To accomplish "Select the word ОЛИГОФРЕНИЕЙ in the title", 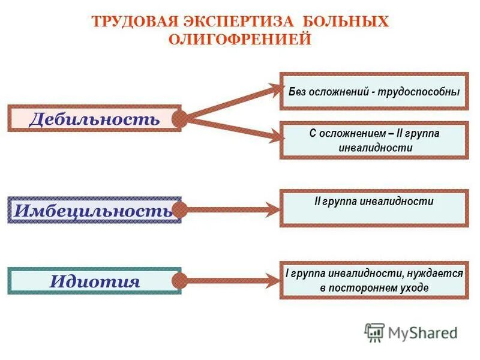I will (x=239, y=39).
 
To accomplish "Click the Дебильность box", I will (x=94, y=119).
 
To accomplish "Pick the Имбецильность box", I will (x=94, y=210).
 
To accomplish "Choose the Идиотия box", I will (x=94, y=281).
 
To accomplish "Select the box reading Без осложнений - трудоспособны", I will (x=373, y=92).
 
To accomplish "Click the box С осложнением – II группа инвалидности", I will (x=373, y=140).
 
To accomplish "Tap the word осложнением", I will (x=350, y=133).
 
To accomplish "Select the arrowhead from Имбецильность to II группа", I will (x=272, y=210).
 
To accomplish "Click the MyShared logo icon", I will (x=374, y=331).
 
